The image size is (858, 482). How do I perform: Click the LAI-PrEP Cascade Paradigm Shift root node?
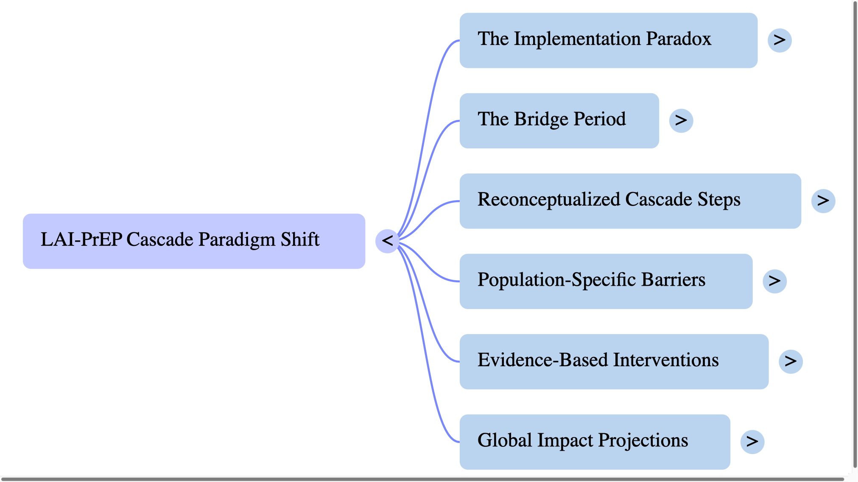coord(194,241)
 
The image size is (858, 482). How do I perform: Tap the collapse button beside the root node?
coord(387,241)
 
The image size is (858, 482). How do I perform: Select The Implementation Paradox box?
coord(608,40)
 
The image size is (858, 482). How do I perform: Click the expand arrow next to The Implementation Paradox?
coord(780,40)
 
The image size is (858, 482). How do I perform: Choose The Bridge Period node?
coord(559,120)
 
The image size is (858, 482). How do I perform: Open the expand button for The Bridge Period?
coord(681,120)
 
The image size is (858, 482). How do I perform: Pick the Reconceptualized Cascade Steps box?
coord(630,201)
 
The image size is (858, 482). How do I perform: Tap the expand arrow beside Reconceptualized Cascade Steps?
coord(823,201)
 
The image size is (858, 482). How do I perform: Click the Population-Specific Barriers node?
coord(606,281)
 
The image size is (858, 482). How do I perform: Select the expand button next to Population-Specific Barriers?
coord(774,281)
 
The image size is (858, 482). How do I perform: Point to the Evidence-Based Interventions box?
coord(614,362)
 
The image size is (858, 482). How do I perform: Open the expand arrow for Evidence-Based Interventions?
coord(791,362)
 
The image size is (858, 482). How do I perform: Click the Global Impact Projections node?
coord(595,442)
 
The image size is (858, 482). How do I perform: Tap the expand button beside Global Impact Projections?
coord(752,442)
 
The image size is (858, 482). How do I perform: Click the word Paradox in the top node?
coord(679,39)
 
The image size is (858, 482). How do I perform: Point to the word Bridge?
coord(541,120)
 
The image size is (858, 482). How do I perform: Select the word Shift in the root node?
coord(300,240)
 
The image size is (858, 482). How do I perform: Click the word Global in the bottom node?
coord(505,440)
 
